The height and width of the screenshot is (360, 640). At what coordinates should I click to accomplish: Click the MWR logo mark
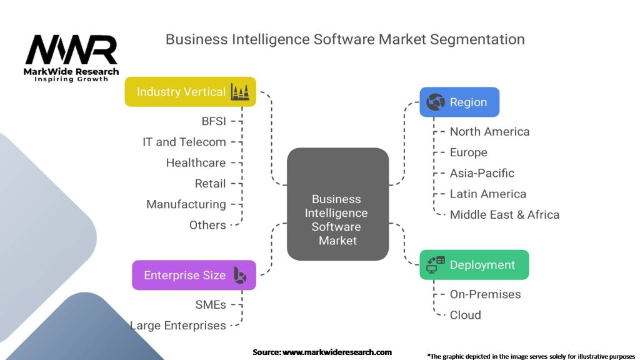click(71, 49)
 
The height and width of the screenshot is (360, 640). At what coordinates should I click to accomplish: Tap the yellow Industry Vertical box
click(190, 92)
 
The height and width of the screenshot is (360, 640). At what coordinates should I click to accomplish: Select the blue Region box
click(459, 102)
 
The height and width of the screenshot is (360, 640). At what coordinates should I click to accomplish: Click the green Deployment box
click(474, 265)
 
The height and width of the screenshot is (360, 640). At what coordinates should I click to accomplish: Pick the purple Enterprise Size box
click(194, 275)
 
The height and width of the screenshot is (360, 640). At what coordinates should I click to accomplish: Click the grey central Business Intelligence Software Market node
click(337, 204)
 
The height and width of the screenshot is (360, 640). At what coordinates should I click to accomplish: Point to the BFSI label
click(214, 121)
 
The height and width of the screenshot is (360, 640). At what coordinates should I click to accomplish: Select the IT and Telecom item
click(184, 142)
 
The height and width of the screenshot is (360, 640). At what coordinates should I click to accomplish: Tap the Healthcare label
click(196, 163)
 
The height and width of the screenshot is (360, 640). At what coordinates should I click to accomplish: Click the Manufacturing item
click(186, 204)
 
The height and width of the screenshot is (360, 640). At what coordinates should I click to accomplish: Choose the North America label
click(490, 131)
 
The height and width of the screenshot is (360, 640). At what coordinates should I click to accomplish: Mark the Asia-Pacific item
click(482, 173)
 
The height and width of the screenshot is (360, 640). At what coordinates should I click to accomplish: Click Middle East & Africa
click(504, 215)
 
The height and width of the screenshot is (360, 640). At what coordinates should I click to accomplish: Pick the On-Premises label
click(485, 294)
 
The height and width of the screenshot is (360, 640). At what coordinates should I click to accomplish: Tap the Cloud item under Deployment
click(465, 315)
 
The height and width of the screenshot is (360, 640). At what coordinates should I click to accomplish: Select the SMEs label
click(211, 305)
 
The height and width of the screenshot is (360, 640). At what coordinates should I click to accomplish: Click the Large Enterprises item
click(178, 326)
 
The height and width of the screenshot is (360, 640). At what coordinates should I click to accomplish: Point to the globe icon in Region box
click(436, 102)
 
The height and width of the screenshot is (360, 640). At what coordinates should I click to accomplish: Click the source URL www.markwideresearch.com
click(337, 352)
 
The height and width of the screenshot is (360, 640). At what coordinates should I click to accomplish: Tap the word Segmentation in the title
click(477, 39)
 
